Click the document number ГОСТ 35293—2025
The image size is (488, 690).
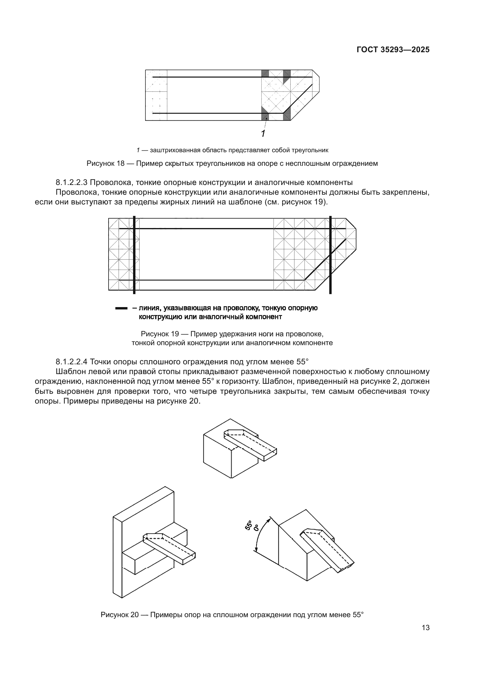click(x=393, y=50)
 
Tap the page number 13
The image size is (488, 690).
click(x=425, y=628)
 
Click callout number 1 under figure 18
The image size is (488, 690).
click(x=263, y=134)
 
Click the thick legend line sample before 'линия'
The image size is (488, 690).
click(x=121, y=308)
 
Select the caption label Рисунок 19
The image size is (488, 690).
click(x=160, y=334)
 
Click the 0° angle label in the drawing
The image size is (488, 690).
click(x=256, y=528)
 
